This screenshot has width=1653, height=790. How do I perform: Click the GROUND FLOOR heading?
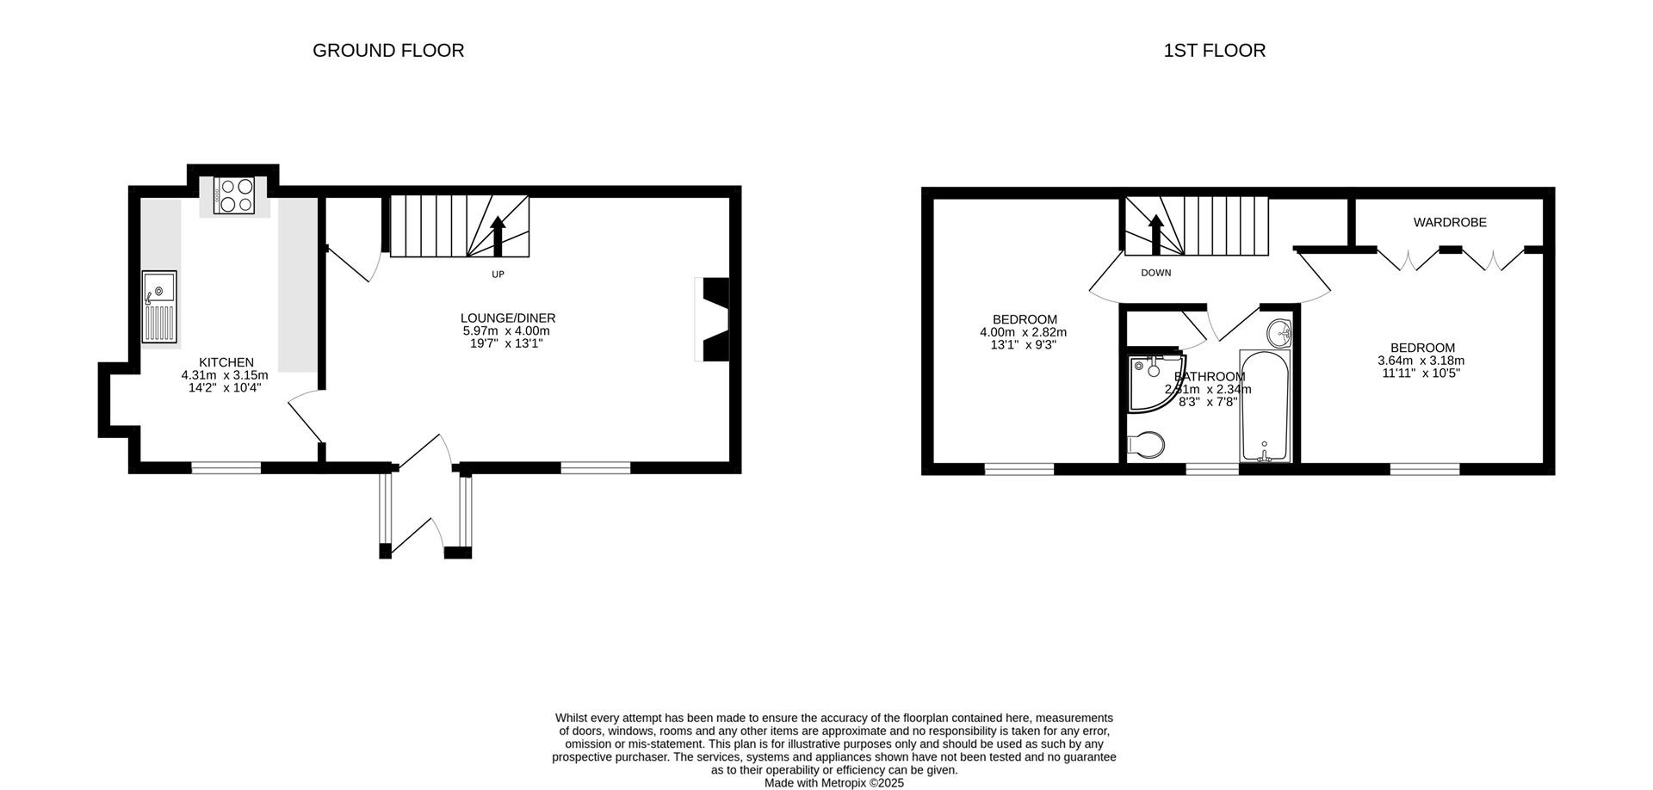pos(388,51)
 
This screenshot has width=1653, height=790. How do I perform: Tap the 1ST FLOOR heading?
pos(1214,51)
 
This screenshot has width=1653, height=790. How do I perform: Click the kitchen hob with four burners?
pos(234,195)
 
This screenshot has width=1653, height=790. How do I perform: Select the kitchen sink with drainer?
pos(160,306)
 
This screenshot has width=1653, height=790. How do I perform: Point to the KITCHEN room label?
pos(226,362)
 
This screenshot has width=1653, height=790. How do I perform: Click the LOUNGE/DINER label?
pos(507,318)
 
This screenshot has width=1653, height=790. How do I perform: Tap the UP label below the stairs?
pos(498,275)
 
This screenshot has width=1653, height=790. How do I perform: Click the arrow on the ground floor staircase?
pos(498,235)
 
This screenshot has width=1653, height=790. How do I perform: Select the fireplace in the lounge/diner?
pos(714,318)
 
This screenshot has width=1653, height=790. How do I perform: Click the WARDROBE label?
pos(1450,223)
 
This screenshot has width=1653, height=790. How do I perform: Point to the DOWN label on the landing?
pos(1155,273)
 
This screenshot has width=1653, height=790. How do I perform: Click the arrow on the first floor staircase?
pos(1155,233)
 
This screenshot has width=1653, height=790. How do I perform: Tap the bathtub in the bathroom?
pos(1264,405)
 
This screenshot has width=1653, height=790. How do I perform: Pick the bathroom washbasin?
pos(1278,333)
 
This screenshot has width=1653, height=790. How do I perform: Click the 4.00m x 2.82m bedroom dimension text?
pos(1023,332)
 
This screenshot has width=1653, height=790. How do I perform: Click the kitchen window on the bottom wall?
pos(226,468)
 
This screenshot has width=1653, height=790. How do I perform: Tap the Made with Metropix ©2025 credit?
pos(833,783)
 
